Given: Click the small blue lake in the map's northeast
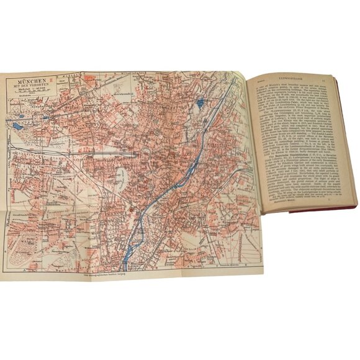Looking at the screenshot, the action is coord(199,104).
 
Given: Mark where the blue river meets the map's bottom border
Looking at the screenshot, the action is coord(127,261).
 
